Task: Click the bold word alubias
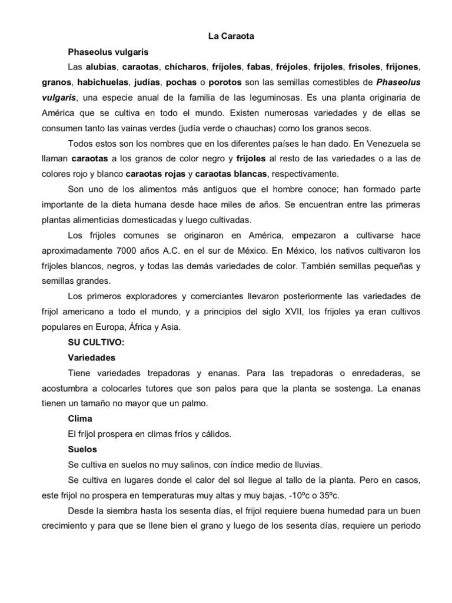pos(101,67)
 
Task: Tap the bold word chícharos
pos(185,67)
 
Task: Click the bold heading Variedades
pos(91,357)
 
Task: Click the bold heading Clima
pos(81,419)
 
